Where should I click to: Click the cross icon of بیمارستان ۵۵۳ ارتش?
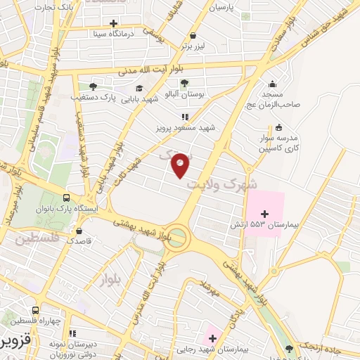(x=264, y=214)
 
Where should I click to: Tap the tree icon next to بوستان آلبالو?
(x=184, y=82)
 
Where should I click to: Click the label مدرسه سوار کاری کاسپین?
(x=280, y=143)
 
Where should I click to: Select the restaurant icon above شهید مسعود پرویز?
(x=184, y=117)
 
